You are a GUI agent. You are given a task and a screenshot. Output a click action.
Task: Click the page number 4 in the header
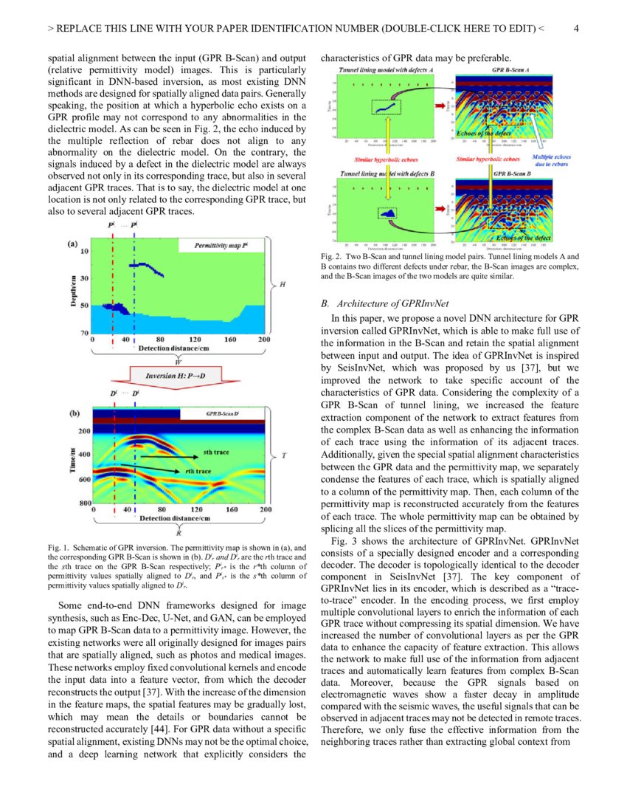[576, 29]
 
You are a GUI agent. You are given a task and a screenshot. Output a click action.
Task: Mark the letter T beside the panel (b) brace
[285, 455]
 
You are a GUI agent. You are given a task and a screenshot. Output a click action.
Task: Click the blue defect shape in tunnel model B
[388, 213]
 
